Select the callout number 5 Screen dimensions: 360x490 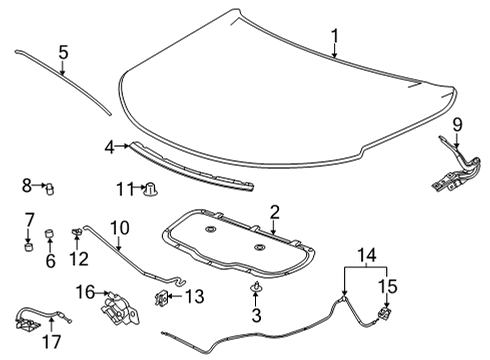coord(63,51)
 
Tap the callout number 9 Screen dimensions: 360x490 coord(458,125)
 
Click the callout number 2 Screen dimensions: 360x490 coord(273,212)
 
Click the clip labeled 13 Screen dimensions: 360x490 coord(160,297)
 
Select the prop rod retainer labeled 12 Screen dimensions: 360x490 coord(77,233)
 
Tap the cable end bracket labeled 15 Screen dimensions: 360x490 coord(383,315)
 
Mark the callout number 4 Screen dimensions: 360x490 coord(109,147)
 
